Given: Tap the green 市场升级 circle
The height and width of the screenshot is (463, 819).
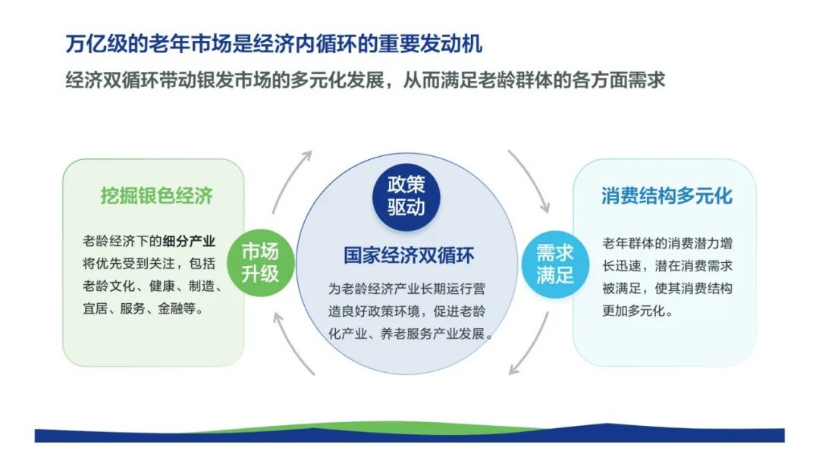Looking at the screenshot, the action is click(x=260, y=262).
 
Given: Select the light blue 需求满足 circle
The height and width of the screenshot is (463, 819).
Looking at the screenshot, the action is click(x=555, y=264).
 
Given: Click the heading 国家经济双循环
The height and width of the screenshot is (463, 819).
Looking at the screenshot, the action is click(x=409, y=255).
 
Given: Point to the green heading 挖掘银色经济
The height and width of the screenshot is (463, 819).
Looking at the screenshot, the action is click(x=157, y=196).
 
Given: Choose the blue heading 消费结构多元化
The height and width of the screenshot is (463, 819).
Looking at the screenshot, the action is click(x=667, y=196).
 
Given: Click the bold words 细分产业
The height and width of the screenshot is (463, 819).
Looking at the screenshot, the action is click(x=189, y=241).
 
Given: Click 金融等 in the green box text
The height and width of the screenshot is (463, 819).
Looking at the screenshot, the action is click(x=176, y=308).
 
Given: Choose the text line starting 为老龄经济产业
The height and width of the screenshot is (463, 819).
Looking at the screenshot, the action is click(x=406, y=289).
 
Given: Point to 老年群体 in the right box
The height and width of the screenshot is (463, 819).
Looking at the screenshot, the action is click(x=628, y=243).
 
